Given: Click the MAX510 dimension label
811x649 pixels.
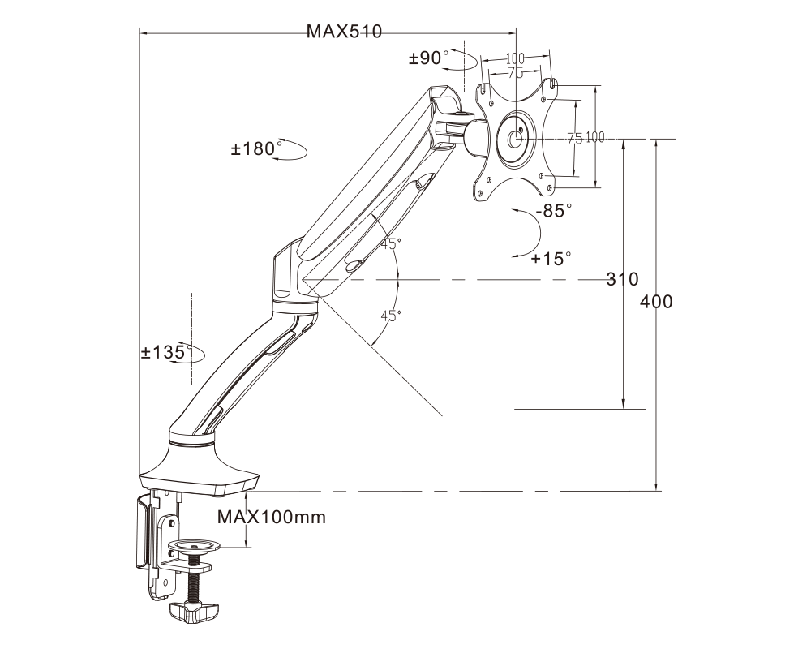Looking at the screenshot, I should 344,33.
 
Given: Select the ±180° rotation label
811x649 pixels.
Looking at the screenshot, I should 258,148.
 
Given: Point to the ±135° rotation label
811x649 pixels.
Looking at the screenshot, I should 166,352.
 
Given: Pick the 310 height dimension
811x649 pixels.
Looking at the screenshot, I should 623,280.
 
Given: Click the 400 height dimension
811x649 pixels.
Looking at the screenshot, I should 656,302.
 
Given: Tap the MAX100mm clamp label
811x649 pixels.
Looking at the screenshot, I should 272,517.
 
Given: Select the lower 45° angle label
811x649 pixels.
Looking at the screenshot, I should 391,316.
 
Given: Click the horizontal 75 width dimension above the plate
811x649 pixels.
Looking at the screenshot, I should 514,72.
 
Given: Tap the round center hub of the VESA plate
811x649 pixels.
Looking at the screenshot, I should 515,135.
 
